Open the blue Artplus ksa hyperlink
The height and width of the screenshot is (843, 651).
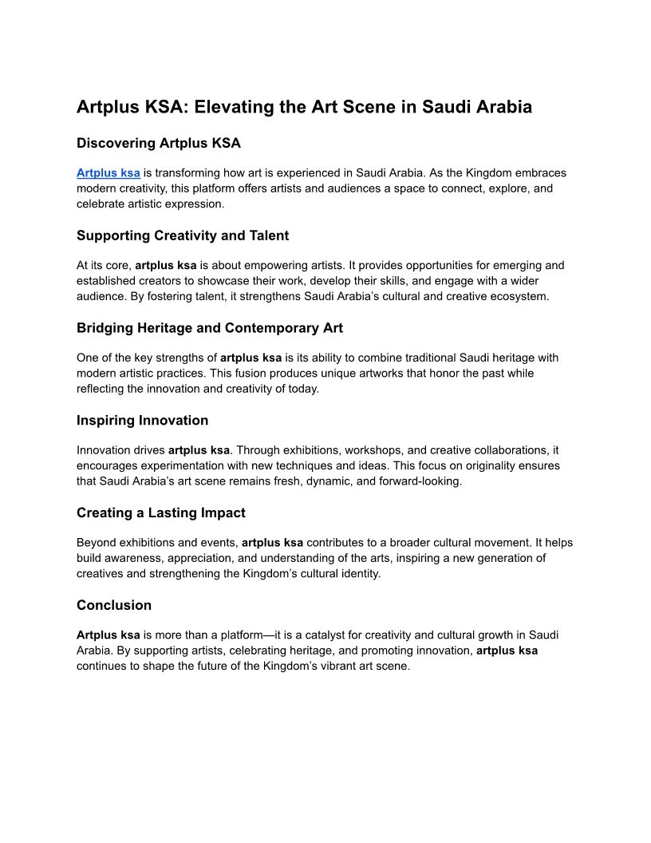coord(108,172)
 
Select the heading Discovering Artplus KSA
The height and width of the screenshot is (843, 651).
coord(159,144)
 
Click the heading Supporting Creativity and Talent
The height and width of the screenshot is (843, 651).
coord(183,235)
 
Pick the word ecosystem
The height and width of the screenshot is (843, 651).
coord(504,297)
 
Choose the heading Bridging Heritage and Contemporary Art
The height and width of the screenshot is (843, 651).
coord(210,328)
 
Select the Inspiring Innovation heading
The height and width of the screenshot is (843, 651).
coord(143,421)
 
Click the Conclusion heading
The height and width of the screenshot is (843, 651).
coord(114,605)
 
